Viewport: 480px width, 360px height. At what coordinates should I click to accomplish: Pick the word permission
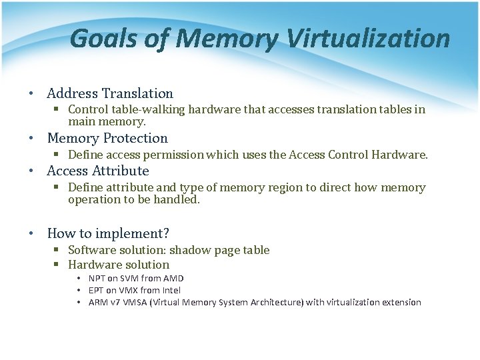point(171,155)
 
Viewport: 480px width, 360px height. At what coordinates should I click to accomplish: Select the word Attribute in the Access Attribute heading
point(121,171)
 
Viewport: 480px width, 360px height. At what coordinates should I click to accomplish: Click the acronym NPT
point(98,279)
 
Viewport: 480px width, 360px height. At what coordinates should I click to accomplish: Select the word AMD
point(173,279)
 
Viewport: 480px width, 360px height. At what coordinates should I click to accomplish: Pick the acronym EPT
point(97,291)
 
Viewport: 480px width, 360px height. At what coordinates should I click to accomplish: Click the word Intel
point(170,291)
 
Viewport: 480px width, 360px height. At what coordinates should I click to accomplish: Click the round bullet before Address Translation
point(32,94)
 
